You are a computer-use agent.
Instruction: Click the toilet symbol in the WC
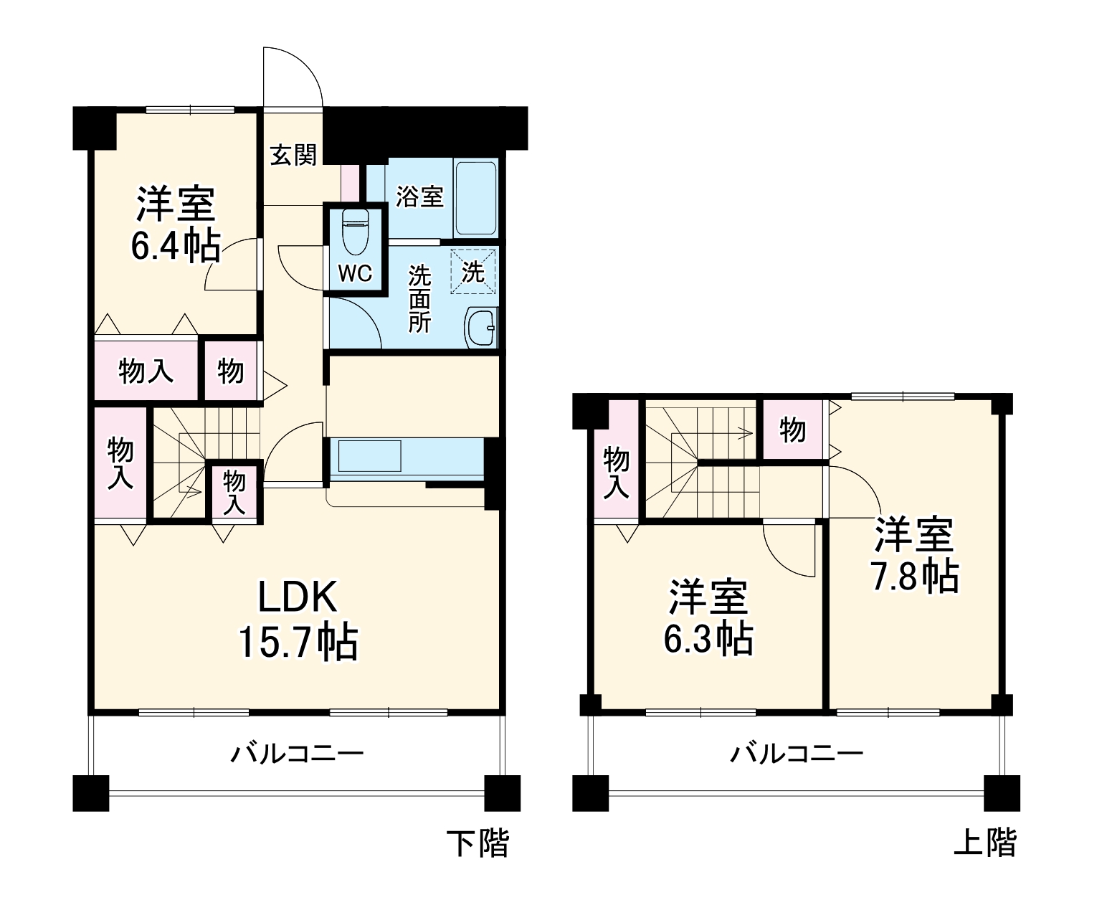click(355, 232)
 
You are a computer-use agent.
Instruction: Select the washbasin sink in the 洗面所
click(480, 328)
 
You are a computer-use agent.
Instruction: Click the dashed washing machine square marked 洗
click(472, 271)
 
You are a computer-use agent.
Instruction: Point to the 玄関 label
click(293, 155)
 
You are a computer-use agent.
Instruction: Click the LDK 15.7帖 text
click(298, 618)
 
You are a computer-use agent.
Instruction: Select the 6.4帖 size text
click(175, 246)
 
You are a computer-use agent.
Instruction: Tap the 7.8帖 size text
click(915, 575)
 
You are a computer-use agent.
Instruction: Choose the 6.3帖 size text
click(708, 638)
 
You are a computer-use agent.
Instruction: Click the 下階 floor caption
click(478, 843)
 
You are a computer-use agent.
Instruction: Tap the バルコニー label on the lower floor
click(297, 754)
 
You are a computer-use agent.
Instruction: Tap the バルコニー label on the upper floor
click(797, 754)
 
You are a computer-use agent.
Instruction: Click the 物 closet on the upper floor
click(792, 430)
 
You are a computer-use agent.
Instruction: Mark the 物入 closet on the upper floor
click(616, 471)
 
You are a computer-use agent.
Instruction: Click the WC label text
click(355, 273)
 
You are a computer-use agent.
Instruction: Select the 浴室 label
click(420, 196)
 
